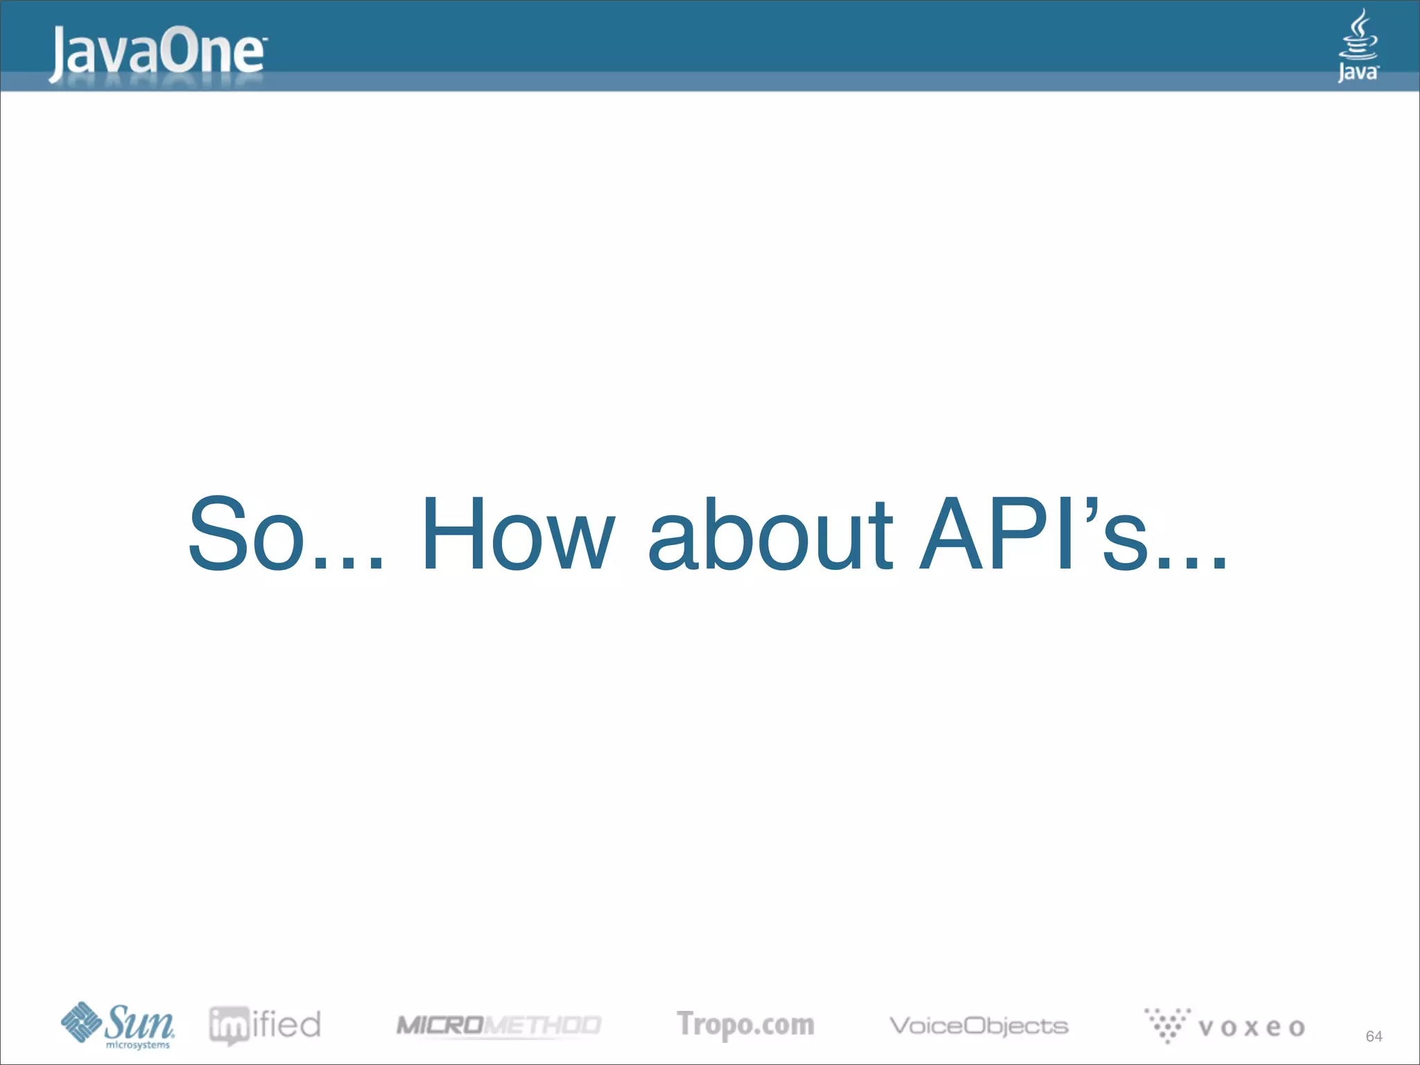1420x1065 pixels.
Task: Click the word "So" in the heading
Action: click(247, 534)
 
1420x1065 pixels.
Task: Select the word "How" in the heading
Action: click(517, 534)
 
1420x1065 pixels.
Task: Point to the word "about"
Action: click(770, 534)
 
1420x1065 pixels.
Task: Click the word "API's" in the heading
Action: click(1033, 534)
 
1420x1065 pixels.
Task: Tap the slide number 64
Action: click(1374, 1036)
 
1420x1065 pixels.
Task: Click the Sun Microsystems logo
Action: click(118, 1025)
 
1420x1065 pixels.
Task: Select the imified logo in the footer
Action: click(265, 1025)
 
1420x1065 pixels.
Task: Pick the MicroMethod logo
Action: click(499, 1025)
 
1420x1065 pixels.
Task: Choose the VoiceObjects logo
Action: click(978, 1025)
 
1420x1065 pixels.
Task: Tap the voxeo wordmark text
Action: click(1252, 1028)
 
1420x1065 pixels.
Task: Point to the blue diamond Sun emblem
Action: click(81, 1021)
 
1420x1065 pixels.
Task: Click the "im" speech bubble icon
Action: click(228, 1025)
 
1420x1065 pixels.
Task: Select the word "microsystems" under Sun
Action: click(137, 1045)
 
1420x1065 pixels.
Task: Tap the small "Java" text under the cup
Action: click(1358, 72)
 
